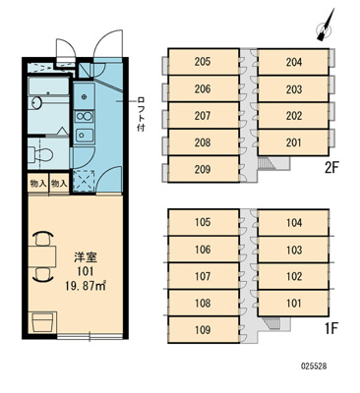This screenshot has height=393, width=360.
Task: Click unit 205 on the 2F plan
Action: coord(203,62)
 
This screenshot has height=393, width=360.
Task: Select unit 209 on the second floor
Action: coord(203,169)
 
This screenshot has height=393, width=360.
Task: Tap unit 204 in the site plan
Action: coord(293,62)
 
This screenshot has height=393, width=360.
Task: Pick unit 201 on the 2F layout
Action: coord(293,142)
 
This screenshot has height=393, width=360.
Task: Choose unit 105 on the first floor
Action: coord(203,223)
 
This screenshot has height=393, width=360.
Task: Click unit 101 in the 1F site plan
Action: coord(293,304)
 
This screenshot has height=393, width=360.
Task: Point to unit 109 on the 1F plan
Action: coord(203,330)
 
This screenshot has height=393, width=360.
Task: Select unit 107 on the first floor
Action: coord(203,277)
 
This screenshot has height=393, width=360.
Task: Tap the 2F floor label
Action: coord(331,167)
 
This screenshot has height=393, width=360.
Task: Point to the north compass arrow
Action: coord(328,25)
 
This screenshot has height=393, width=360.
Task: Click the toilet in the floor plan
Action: coord(40,153)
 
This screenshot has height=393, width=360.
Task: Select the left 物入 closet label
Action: coord(36,184)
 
